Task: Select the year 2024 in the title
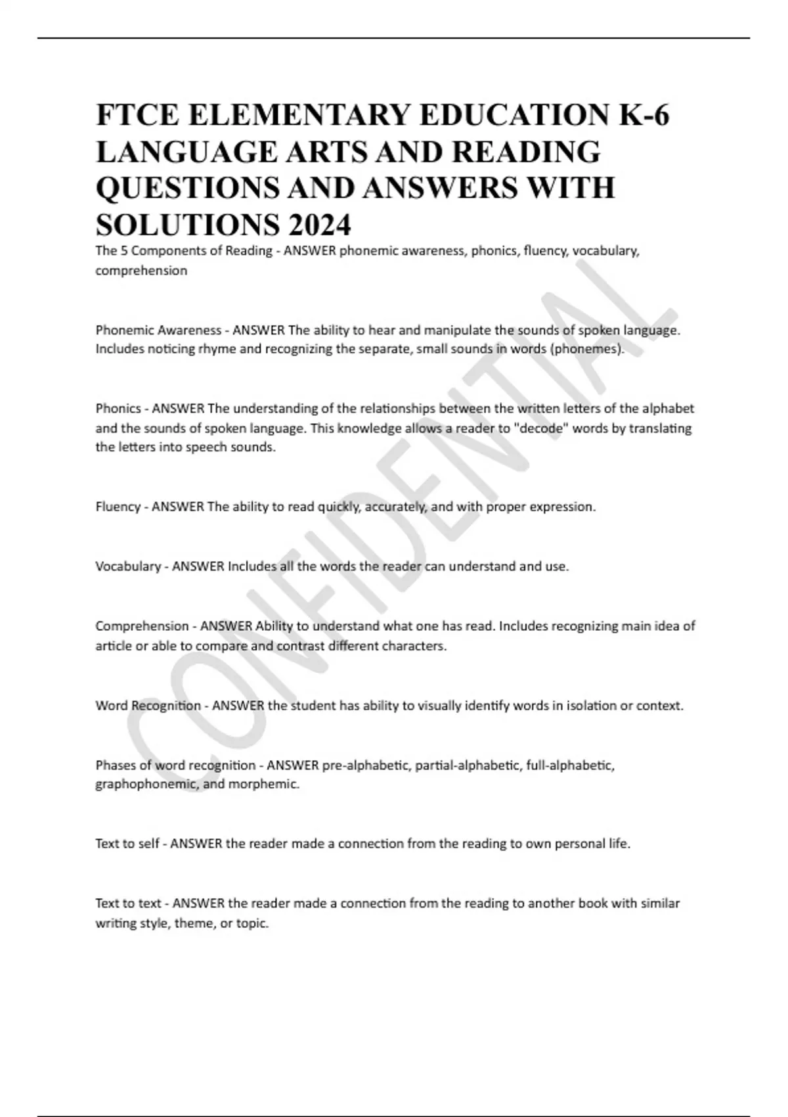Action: click(318, 225)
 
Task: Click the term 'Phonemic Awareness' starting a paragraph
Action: click(158, 330)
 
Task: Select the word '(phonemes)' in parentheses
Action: click(588, 349)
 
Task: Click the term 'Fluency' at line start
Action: click(118, 507)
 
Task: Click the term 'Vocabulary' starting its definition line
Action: click(128, 566)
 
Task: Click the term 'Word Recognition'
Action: click(148, 706)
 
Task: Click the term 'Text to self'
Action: click(127, 844)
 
